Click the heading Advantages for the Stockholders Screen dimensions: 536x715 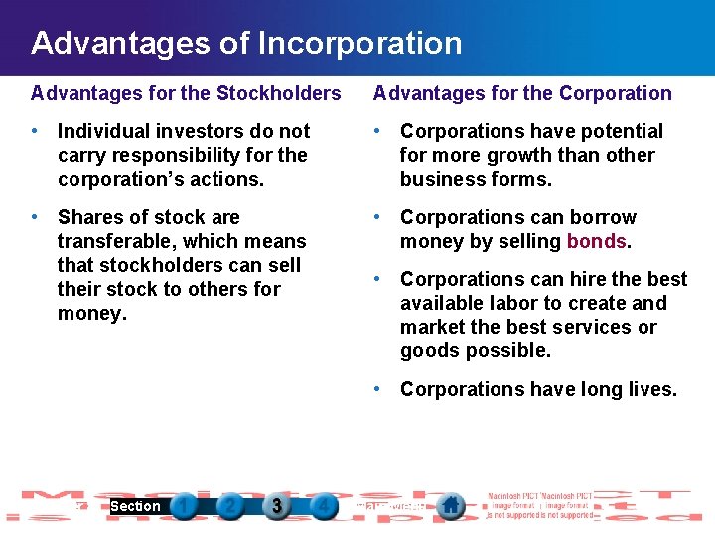coord(186,93)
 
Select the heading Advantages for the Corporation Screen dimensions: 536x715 coord(522,93)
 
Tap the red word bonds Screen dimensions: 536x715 coord(596,241)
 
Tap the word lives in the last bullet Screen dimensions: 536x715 coord(650,389)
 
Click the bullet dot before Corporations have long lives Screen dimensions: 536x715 coord(377,388)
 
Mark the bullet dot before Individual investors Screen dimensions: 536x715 coord(35,130)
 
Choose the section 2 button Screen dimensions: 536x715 coord(230,506)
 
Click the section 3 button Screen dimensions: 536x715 coord(277,506)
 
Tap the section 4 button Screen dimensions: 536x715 coord(323,506)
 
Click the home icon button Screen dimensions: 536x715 coord(451,506)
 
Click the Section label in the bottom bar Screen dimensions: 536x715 coord(135,506)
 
